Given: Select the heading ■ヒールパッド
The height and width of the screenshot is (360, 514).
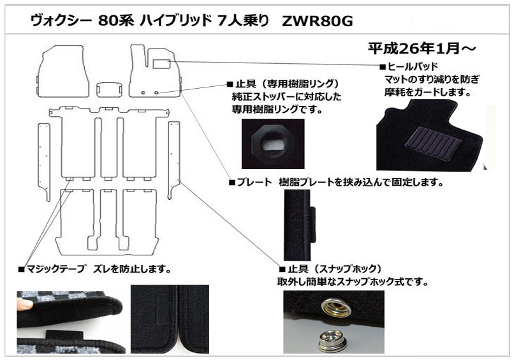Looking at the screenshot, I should pos(408,66).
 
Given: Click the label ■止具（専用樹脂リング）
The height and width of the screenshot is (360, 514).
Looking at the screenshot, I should pos(281,84).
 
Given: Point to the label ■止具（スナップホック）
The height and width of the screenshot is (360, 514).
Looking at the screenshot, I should pos(330,268).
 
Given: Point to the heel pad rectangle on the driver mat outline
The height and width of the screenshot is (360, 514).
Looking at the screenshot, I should pos(161,64).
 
